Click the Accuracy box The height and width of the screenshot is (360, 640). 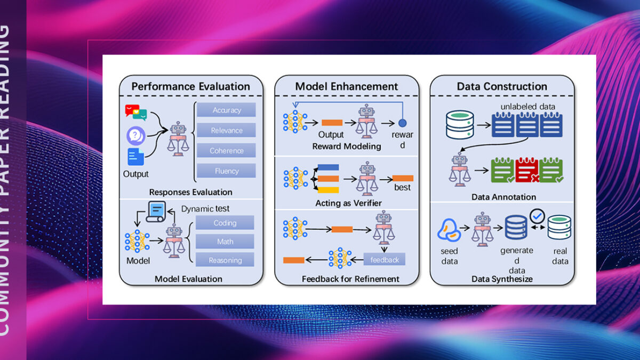pyautogui.click(x=227, y=110)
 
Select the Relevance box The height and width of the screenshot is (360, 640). pyautogui.click(x=227, y=130)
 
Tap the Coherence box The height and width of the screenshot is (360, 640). pyautogui.click(x=227, y=150)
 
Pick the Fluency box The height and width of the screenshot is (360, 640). pyautogui.click(x=227, y=171)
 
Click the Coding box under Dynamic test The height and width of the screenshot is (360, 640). pyautogui.click(x=225, y=223)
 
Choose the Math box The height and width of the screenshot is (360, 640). pyautogui.click(x=225, y=242)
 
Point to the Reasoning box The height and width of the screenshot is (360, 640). pyautogui.click(x=225, y=260)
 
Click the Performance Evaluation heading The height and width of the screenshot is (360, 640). pyautogui.click(x=191, y=86)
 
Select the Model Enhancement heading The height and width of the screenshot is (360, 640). pyautogui.click(x=347, y=86)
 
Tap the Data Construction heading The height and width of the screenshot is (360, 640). pyautogui.click(x=502, y=86)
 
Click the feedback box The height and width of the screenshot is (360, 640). pyautogui.click(x=385, y=260)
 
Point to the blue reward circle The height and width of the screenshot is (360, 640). pyautogui.click(x=403, y=123)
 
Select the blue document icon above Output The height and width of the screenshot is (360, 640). pyautogui.click(x=135, y=157)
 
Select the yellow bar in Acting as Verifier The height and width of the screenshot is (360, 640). pyautogui.click(x=328, y=190)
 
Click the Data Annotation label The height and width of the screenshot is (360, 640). pyautogui.click(x=503, y=197)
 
